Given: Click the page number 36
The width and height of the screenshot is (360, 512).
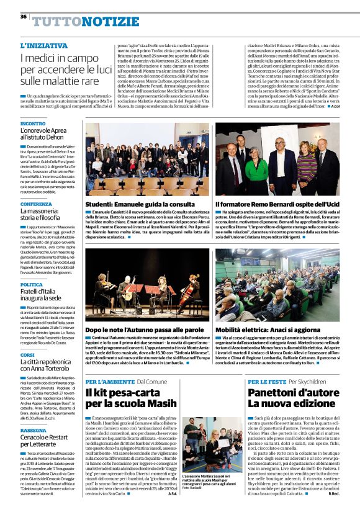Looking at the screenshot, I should (24, 17).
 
